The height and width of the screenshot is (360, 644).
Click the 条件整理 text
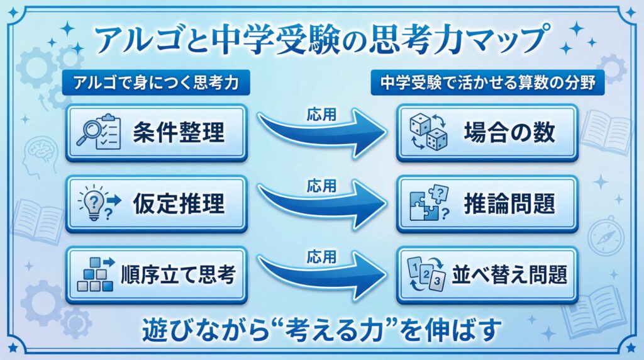coord(178,133)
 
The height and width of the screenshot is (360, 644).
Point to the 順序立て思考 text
coord(178,274)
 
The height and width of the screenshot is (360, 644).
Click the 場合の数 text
coord(509,133)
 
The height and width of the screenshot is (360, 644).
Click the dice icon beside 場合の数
coord(428,133)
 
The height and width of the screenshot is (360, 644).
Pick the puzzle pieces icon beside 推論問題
coord(428,204)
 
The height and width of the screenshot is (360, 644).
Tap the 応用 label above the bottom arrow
coord(321,256)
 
